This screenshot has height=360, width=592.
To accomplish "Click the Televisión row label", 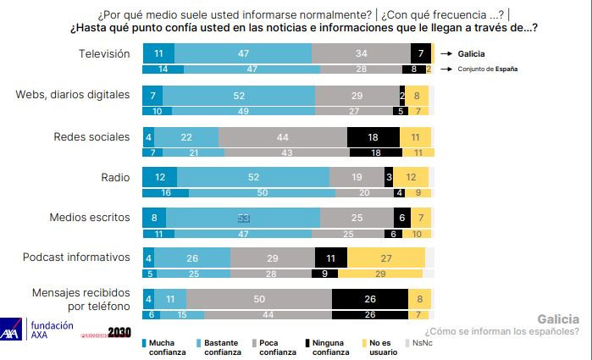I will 103,53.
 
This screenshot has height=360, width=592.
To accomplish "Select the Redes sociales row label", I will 91,136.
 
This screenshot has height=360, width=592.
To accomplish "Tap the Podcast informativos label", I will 81,257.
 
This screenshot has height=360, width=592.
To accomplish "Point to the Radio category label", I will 115,176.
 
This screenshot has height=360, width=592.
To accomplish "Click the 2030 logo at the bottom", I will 119,333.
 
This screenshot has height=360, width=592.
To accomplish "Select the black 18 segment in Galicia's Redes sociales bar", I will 373,136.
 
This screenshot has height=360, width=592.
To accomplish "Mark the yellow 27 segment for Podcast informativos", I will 385,257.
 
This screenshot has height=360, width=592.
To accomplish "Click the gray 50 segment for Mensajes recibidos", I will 259,298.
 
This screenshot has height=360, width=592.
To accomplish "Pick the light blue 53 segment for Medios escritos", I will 244,218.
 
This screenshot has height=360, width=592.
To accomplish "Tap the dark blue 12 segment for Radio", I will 160,177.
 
